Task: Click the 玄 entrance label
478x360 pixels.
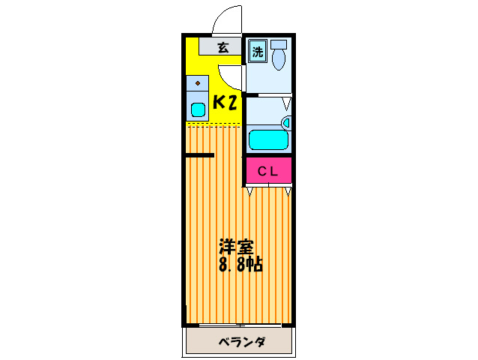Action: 223,48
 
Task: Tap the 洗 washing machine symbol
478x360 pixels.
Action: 257,52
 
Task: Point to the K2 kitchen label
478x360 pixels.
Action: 225,103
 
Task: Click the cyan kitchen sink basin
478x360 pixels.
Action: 198,110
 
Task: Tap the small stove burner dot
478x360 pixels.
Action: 198,82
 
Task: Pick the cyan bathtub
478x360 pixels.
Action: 268,140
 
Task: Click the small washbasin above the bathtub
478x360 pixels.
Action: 285,122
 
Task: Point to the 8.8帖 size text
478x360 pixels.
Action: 240,265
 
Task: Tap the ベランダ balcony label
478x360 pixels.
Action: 240,343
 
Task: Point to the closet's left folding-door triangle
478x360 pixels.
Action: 250,192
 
